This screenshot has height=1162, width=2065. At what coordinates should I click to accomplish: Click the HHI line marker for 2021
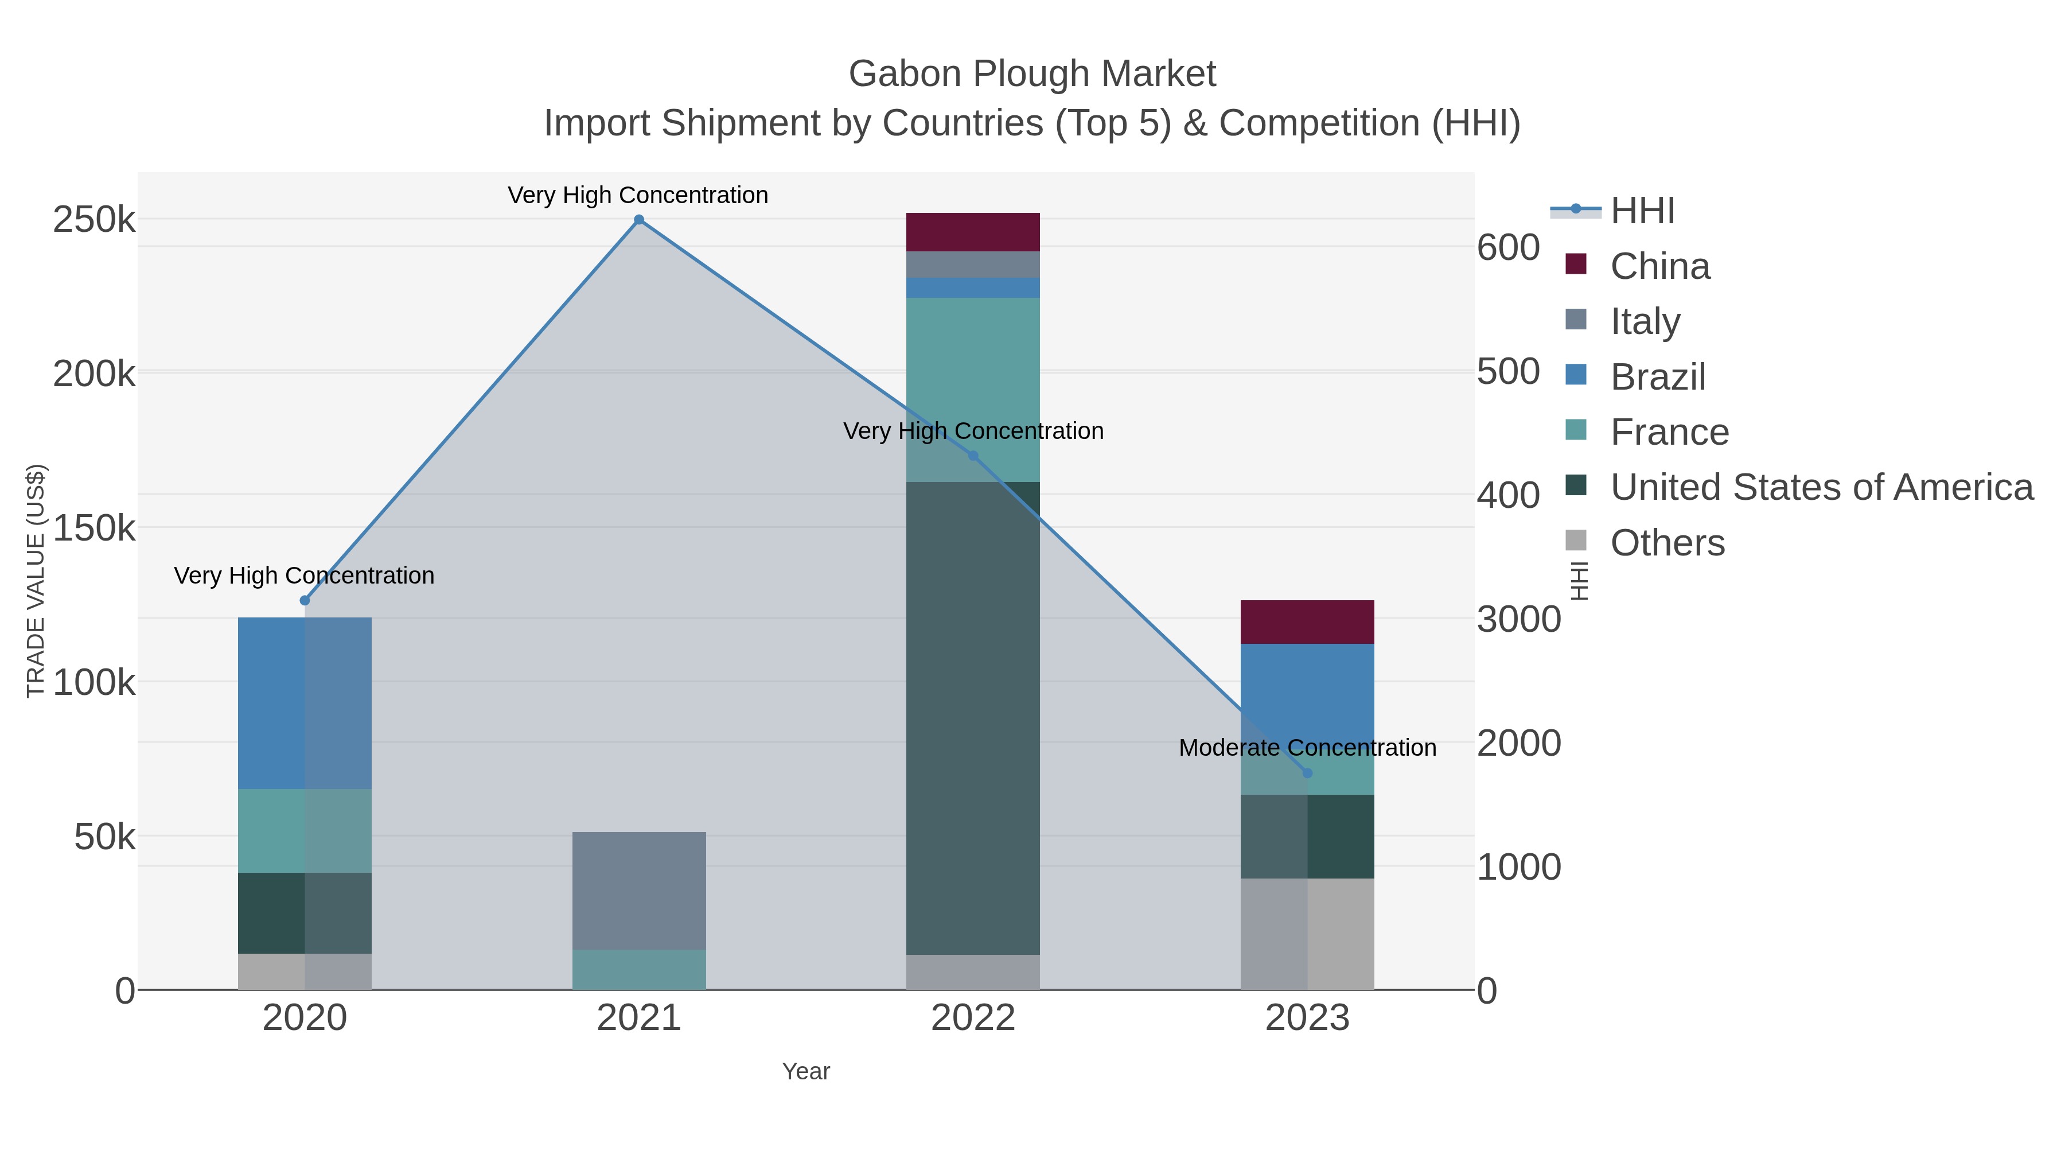639,220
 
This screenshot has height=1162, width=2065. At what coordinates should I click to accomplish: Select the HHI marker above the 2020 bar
305,601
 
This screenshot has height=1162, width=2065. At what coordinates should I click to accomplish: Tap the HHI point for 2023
1307,773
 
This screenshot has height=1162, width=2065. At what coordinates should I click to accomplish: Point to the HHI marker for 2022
973,456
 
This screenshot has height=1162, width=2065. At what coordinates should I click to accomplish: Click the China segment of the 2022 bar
973,232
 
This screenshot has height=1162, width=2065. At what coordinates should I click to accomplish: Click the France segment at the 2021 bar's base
639,970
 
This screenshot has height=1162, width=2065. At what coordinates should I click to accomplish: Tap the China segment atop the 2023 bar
1307,622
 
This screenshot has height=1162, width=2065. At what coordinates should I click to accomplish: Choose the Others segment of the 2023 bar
1307,934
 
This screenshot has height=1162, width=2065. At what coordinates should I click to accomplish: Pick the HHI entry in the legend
1642,211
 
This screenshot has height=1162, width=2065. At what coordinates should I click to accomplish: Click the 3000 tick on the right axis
1518,620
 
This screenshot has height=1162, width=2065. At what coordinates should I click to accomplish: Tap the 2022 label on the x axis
973,1019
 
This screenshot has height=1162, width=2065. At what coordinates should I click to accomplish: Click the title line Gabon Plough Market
1032,74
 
